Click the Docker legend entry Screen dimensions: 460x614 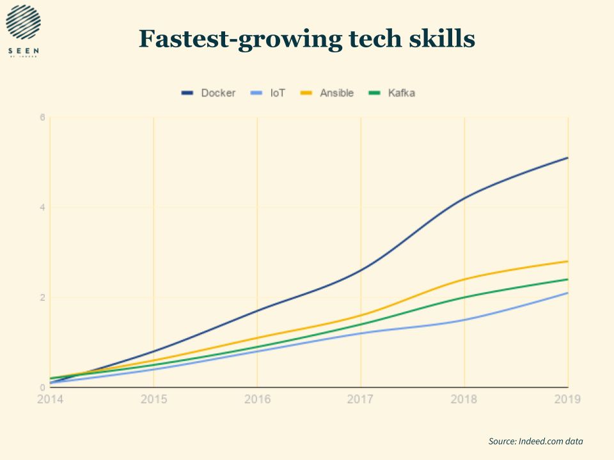[209, 93]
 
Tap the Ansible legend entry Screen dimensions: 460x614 [327, 93]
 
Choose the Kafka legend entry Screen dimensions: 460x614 [392, 93]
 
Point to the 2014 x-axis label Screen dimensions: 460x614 [51, 399]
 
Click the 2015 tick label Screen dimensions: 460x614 [154, 399]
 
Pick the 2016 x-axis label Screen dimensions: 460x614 [258, 399]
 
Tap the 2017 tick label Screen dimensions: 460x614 [361, 399]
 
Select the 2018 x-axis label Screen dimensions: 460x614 [465, 399]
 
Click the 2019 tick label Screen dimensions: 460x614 [567, 399]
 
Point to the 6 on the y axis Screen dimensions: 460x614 [42, 118]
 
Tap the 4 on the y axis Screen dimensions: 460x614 [42, 208]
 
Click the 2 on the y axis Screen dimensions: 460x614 [42, 298]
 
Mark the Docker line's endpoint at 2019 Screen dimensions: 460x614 [567, 158]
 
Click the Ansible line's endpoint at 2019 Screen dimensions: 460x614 [567, 261]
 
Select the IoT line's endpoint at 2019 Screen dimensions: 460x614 [567, 293]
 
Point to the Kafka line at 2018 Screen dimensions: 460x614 [465, 297]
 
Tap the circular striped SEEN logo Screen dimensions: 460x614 [23, 22]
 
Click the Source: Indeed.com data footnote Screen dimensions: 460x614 [536, 441]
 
